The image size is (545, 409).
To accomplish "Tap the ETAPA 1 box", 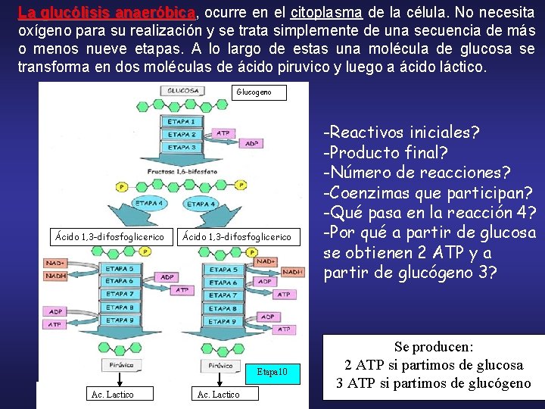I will tap(182, 121).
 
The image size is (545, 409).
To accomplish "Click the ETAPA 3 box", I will tap(182, 148).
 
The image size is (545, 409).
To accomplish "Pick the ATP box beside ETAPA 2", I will tap(223, 133).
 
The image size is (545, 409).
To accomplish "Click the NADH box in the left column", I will tap(57, 276).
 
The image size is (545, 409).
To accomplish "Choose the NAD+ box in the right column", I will tap(266, 261).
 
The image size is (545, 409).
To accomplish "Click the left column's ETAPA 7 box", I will tap(120, 294).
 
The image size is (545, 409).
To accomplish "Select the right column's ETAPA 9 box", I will tap(223, 321).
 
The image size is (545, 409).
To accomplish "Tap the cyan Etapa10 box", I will tap(273, 373).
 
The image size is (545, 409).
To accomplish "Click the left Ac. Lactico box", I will tap(112, 394).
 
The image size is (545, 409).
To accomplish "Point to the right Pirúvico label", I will tap(220, 366).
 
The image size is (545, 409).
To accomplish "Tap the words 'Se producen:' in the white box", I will tap(433, 346).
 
